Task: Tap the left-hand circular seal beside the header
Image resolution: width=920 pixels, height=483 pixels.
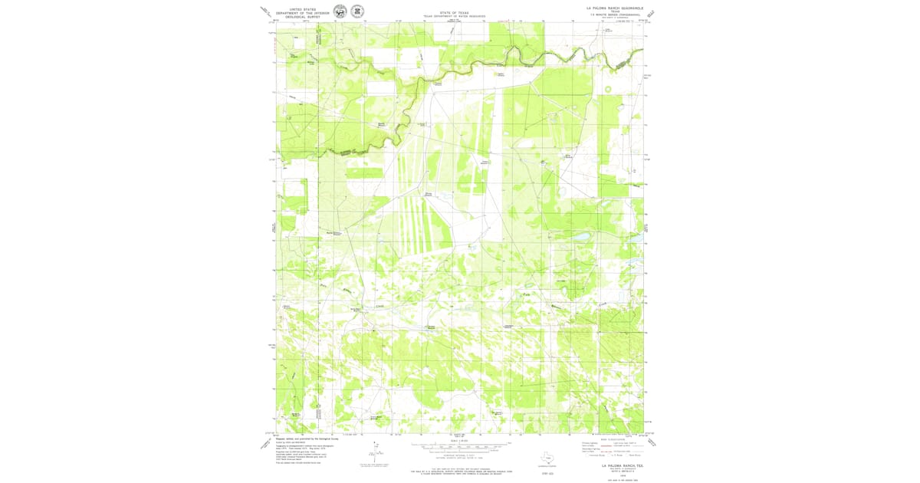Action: [339, 11]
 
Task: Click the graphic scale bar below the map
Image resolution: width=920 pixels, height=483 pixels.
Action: [459, 445]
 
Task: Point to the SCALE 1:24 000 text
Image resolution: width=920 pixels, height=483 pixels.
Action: [459, 441]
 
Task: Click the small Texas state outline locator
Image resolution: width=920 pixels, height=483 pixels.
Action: [548, 458]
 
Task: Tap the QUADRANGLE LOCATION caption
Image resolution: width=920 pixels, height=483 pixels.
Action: [548, 465]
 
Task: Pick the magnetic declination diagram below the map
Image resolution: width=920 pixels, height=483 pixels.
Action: [375, 451]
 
